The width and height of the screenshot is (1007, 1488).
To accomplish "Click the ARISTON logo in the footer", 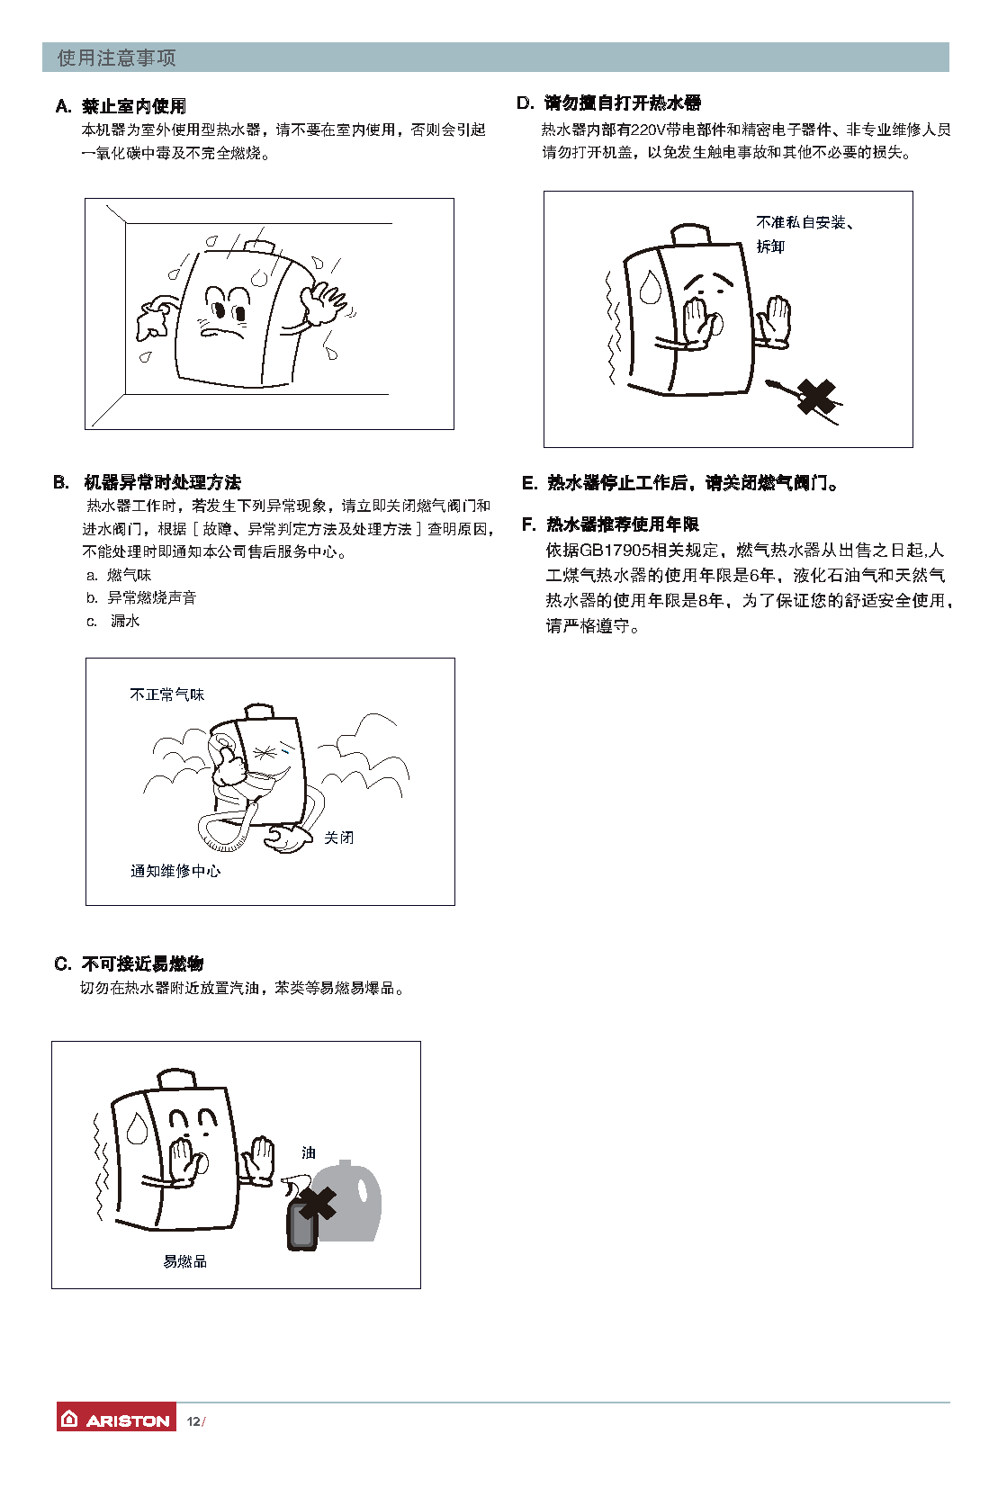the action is [x=116, y=1421].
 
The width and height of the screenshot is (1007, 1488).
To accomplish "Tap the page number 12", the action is [x=193, y=1421].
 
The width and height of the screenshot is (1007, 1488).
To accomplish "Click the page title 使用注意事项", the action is [x=116, y=58].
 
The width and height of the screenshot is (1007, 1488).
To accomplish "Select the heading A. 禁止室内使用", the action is [x=121, y=106].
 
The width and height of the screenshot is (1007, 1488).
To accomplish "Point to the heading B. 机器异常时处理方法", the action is [x=147, y=482].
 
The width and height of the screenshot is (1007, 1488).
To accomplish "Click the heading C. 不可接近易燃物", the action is [x=129, y=964].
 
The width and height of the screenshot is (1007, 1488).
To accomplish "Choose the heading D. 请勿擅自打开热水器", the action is [x=609, y=103].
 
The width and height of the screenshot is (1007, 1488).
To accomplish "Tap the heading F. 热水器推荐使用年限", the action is [x=610, y=524].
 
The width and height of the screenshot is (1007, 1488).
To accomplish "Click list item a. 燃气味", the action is [x=119, y=575].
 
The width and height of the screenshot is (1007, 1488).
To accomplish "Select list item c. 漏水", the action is [x=113, y=621].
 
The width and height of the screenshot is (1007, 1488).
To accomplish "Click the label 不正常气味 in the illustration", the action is [x=166, y=695].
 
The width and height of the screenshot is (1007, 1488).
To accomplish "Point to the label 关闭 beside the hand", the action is [x=339, y=838].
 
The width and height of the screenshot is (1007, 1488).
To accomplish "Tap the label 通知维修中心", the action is [x=175, y=871].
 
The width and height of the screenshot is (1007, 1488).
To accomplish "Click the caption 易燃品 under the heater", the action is [x=184, y=1261].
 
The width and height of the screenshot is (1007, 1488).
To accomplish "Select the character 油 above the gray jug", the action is [x=309, y=1153].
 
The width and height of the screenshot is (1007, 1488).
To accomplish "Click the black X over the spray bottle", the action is [x=318, y=1205].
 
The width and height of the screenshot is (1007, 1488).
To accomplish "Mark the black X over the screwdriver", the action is [x=816, y=397].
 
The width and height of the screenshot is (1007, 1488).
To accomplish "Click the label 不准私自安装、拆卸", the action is [x=805, y=235].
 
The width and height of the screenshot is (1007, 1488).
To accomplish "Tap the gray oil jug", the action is [x=347, y=1201].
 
